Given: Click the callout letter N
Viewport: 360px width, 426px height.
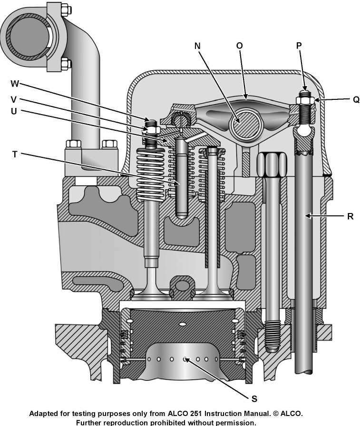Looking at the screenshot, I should [198, 46].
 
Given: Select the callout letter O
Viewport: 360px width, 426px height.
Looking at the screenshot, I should [239, 45].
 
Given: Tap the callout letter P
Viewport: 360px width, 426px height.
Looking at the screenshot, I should [298, 45].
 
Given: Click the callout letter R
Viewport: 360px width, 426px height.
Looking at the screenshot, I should [350, 215].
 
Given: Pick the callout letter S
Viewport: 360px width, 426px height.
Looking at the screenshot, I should [254, 397].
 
